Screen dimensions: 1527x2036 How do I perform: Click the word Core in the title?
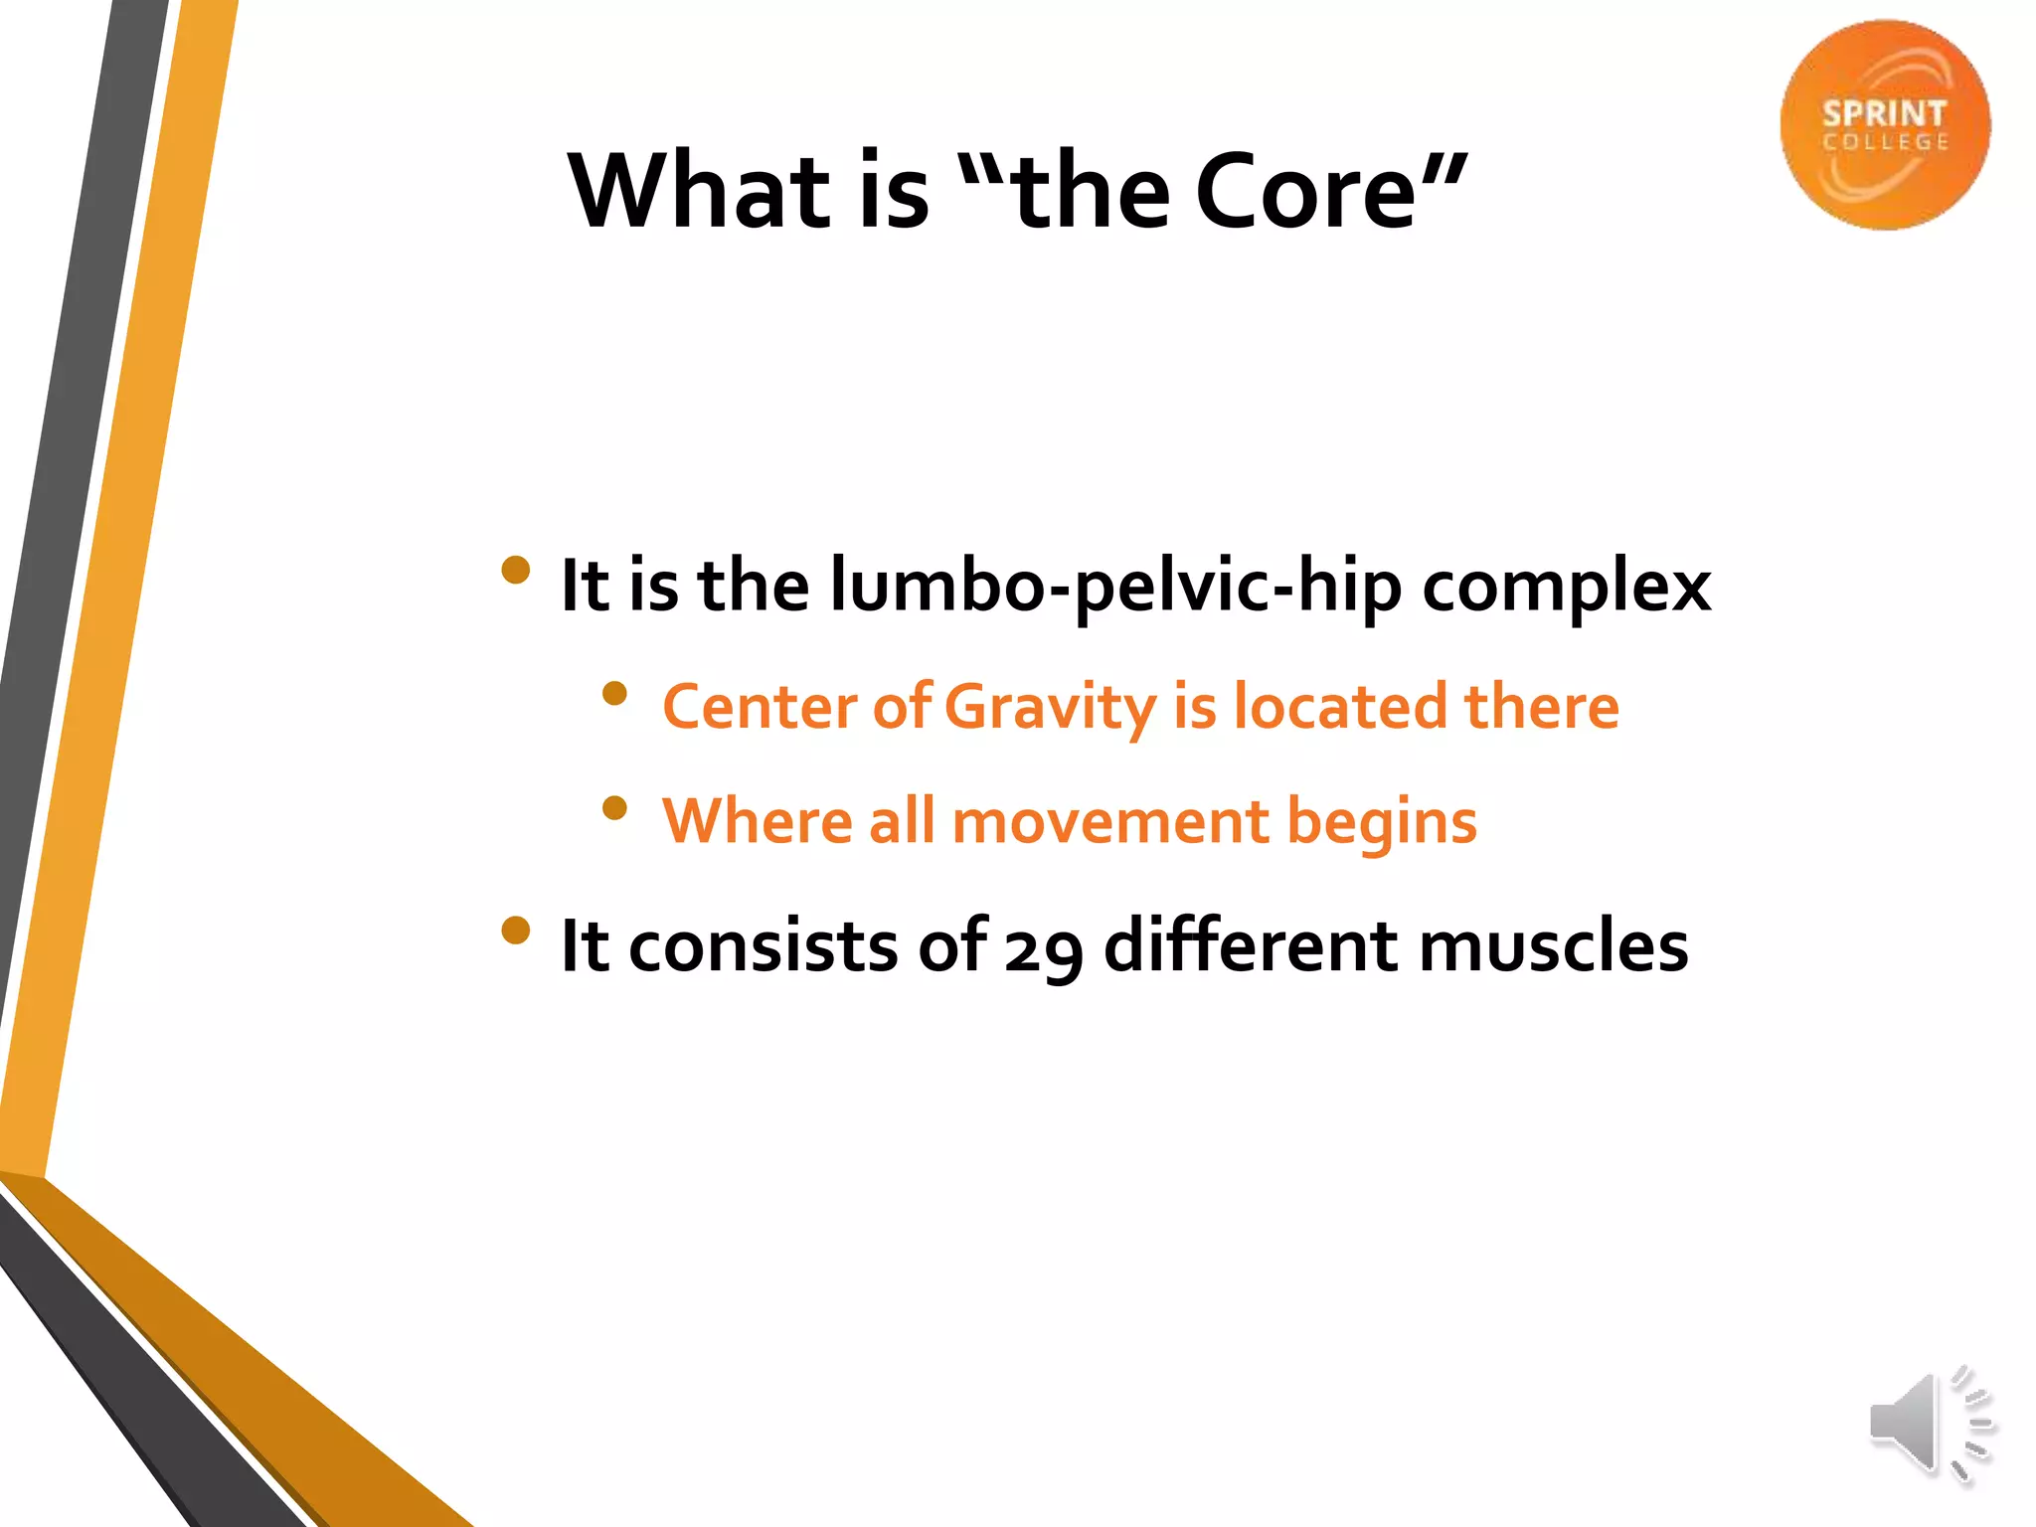coord(1305,191)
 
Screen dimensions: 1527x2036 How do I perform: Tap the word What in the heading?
coord(698,191)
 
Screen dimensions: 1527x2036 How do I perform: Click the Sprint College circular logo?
coord(1884,125)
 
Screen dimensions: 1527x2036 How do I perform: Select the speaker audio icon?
coord(1930,1425)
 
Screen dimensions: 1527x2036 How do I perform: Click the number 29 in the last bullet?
coord(1042,947)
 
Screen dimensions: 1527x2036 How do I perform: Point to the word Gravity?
coord(1050,708)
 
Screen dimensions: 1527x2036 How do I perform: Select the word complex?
coord(1566,587)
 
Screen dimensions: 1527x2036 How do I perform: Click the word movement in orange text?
coord(1109,822)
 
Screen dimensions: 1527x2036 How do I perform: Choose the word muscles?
coord(1553,945)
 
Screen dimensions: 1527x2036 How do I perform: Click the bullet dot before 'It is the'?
coord(515,571)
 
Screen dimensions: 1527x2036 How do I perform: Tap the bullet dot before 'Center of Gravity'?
coord(614,693)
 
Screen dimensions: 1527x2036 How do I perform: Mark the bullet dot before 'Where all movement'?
coord(614,807)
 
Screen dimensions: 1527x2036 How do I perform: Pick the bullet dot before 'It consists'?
coord(515,931)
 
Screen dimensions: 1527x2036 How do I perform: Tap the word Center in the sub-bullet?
coord(759,708)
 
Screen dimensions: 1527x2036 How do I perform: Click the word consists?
coord(763,945)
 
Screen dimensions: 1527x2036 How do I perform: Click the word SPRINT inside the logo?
coord(1883,114)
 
